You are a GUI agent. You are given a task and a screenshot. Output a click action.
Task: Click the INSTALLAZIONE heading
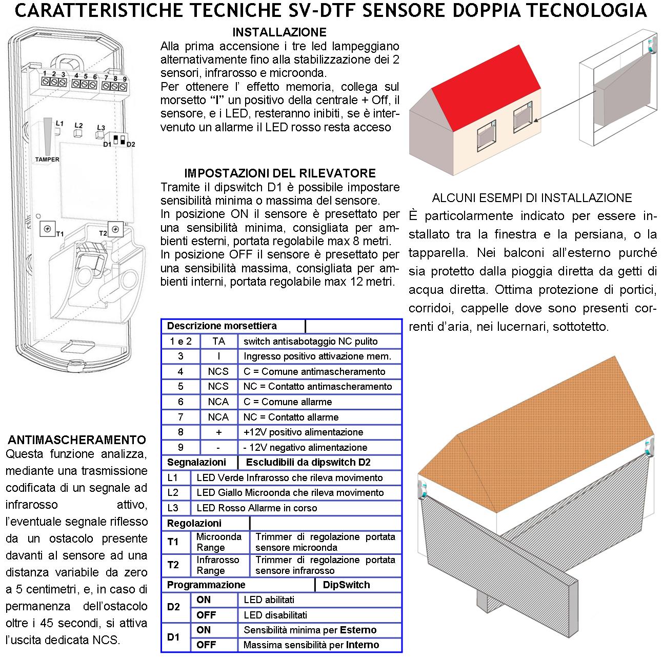(x=279, y=32)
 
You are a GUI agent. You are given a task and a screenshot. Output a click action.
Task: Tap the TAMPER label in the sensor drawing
(x=47, y=159)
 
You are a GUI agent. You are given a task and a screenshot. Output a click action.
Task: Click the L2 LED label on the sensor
(x=78, y=125)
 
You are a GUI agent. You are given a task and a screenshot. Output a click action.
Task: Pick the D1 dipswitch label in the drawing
(x=107, y=145)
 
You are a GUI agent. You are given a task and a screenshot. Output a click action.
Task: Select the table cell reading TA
(x=218, y=342)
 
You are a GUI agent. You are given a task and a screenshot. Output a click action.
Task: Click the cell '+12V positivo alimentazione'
(x=304, y=432)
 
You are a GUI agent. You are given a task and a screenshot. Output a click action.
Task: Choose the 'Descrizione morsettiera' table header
(x=222, y=326)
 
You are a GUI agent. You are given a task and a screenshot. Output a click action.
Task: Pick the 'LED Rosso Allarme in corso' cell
(x=256, y=508)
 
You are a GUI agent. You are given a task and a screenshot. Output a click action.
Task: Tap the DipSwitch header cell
(x=346, y=585)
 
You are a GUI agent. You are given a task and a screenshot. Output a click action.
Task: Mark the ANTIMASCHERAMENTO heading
(x=77, y=440)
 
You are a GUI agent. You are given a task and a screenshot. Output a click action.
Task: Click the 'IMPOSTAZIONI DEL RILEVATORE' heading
(x=279, y=173)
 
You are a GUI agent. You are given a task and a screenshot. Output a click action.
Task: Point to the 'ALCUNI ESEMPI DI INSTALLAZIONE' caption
(x=532, y=198)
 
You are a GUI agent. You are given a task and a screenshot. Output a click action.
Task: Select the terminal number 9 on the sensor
(x=125, y=78)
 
